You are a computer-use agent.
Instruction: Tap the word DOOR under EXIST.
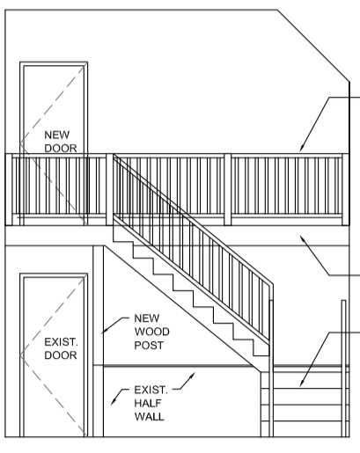click(61, 355)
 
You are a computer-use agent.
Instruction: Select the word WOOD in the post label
click(151, 332)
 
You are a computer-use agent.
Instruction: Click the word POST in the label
click(149, 346)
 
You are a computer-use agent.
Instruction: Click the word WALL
click(150, 417)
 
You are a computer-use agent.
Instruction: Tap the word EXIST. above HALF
click(151, 390)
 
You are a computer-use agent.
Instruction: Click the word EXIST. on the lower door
click(61, 342)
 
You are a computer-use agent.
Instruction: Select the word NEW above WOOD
click(147, 318)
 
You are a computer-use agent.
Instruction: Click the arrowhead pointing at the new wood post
click(105, 331)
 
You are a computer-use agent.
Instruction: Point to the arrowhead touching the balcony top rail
click(302, 148)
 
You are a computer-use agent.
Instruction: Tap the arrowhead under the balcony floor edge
click(302, 238)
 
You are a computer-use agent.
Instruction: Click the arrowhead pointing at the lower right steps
click(302, 383)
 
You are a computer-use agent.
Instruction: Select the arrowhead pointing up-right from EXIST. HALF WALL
click(192, 376)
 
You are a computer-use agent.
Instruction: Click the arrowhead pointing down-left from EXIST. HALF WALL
click(114, 402)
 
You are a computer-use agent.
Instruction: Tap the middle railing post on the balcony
click(227, 189)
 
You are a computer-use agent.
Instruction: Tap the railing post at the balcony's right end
click(346, 189)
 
